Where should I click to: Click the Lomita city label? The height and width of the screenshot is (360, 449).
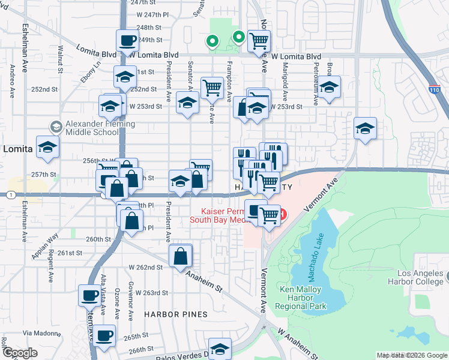[17, 149]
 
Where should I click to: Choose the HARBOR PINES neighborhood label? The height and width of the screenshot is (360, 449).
[175, 314]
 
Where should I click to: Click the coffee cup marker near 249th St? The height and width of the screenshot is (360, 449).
[127, 40]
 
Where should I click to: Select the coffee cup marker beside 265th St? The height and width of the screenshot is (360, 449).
[104, 334]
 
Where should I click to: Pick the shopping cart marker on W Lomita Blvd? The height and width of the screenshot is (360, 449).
[259, 40]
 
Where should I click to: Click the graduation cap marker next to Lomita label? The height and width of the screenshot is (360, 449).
[47, 146]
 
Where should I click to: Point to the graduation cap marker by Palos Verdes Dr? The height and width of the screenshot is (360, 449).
[220, 348]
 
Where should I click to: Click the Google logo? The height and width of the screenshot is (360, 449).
[20, 353]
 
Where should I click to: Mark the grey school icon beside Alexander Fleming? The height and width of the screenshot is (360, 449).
[56, 126]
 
